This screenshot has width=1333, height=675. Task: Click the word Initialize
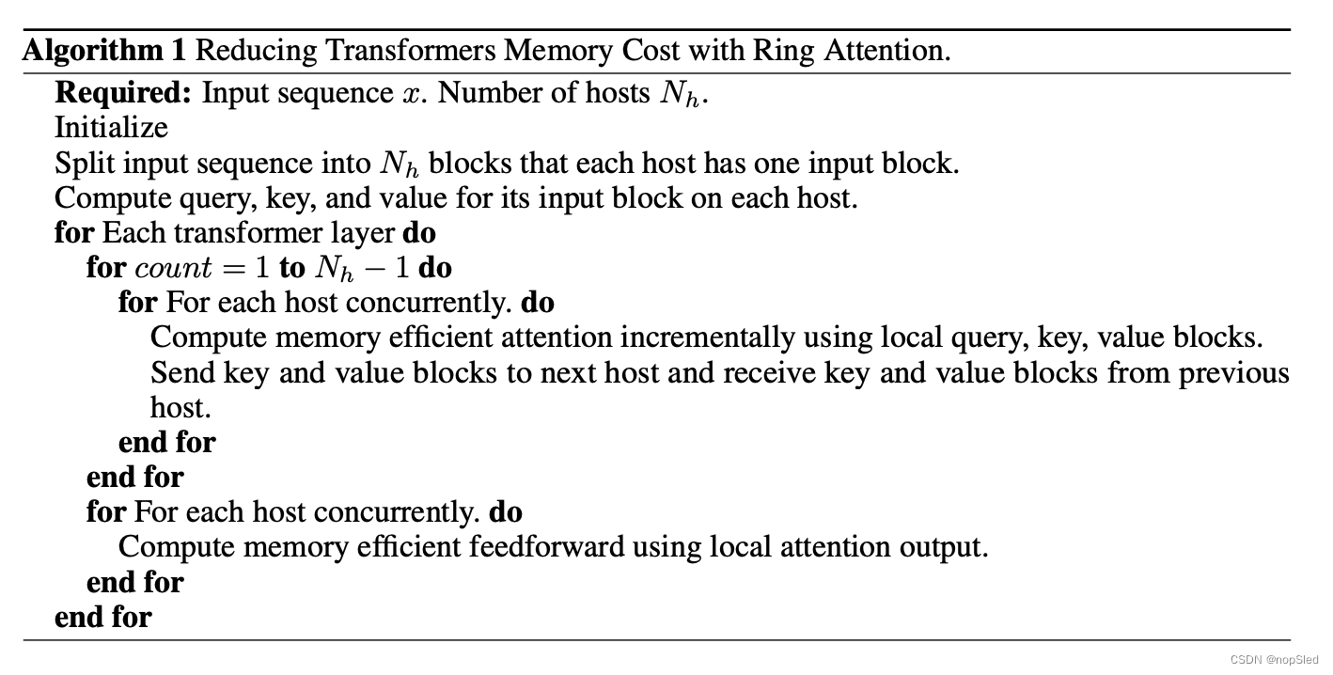pos(111,128)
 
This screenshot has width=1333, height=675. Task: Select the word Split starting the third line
pos(86,164)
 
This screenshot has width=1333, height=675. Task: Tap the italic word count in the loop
pos(174,269)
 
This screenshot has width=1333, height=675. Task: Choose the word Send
pos(183,373)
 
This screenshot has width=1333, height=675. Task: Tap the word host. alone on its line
pos(180,408)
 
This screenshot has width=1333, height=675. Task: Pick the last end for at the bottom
pos(102,617)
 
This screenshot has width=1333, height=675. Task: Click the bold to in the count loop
pos(291,269)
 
